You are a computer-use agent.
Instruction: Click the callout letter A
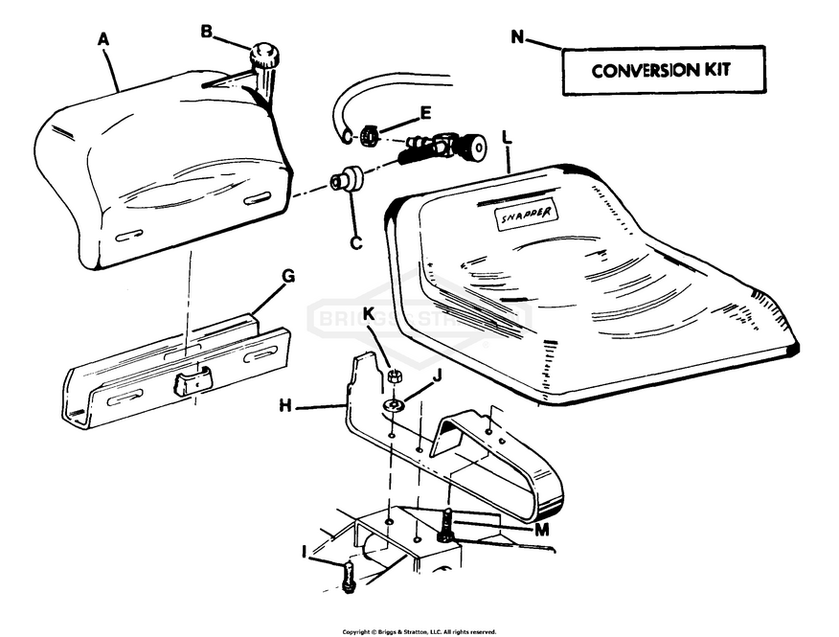(104, 39)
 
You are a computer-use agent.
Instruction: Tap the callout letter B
(206, 31)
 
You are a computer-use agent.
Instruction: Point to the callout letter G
(288, 276)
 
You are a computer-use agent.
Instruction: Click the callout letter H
(284, 406)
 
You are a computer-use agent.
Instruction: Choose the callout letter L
(507, 139)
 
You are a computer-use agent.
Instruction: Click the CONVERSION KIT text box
(662, 71)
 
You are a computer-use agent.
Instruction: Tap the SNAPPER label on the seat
(528, 216)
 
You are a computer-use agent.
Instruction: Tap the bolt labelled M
(445, 526)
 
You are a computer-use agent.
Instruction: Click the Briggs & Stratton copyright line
(419, 632)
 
